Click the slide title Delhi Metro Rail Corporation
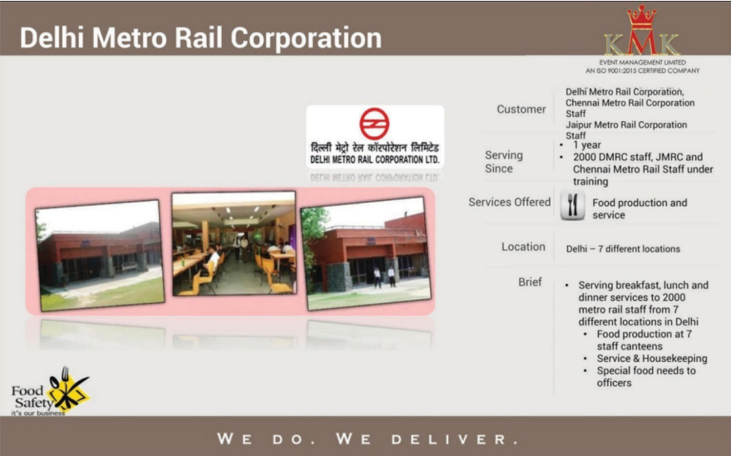click(x=200, y=38)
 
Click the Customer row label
click(x=521, y=109)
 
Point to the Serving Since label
click(x=504, y=161)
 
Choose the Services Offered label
click(x=509, y=202)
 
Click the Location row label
click(x=523, y=247)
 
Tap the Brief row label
click(x=530, y=282)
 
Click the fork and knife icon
click(x=572, y=206)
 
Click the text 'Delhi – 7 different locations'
click(x=623, y=248)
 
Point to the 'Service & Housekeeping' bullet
click(x=652, y=359)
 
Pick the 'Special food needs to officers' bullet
click(x=645, y=376)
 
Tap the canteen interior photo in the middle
click(x=233, y=243)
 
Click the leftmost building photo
click(x=99, y=255)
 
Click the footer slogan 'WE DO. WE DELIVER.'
click(x=367, y=438)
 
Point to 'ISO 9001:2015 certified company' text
click(x=643, y=71)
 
